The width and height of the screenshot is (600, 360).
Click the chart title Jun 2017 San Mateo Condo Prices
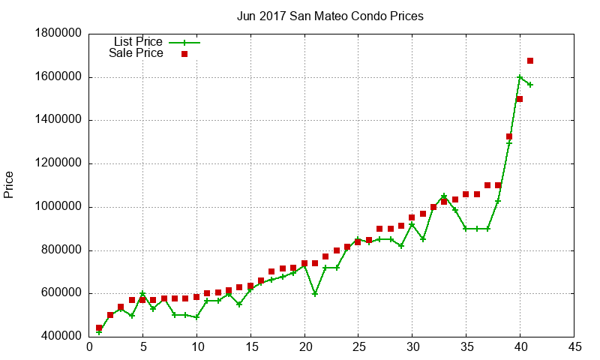329,15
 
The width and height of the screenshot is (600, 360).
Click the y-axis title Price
9,184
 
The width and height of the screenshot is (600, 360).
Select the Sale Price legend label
136,53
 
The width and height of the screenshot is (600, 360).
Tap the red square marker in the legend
184,54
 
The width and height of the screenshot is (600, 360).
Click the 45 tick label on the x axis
574,348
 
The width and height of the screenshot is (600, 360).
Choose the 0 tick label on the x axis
88,348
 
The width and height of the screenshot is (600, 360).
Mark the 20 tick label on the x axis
304,348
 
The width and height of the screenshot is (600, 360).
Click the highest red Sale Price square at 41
530,61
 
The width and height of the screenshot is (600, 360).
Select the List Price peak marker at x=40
520,77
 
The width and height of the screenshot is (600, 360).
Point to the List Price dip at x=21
315,294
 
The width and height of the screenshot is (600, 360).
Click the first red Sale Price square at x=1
99,328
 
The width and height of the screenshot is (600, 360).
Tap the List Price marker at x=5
142,294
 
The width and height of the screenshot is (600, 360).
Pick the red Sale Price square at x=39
509,136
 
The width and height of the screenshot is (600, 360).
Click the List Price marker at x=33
444,196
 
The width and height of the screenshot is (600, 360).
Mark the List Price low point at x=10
196,317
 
